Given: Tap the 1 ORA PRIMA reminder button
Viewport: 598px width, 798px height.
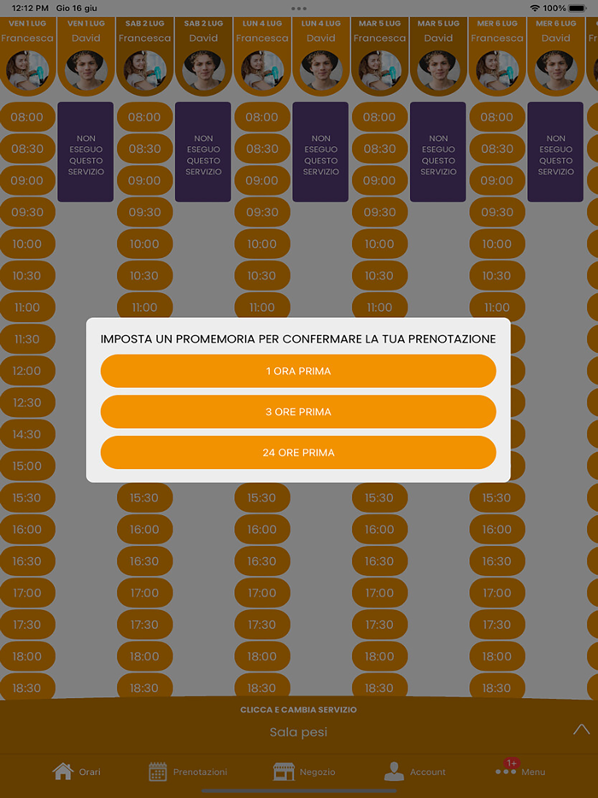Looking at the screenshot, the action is pyautogui.click(x=298, y=371).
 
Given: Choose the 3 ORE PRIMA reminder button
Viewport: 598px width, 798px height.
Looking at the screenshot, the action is pyautogui.click(x=298, y=412).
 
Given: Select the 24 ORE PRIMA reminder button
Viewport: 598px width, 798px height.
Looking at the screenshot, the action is pyautogui.click(x=298, y=453).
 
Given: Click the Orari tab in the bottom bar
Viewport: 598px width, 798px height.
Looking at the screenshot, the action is pyautogui.click(x=76, y=772).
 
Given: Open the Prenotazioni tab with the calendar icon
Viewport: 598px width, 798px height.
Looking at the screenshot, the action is pyautogui.click(x=188, y=772).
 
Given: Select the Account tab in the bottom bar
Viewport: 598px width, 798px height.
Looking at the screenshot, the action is pyautogui.click(x=415, y=772).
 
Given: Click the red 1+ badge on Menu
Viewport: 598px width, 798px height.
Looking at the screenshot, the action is pyautogui.click(x=512, y=763).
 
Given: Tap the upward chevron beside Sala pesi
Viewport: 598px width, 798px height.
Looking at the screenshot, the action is pyautogui.click(x=581, y=730).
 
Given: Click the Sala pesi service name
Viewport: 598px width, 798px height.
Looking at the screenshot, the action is pyautogui.click(x=298, y=732).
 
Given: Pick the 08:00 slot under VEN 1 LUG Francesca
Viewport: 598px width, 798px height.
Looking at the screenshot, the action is pyautogui.click(x=27, y=117).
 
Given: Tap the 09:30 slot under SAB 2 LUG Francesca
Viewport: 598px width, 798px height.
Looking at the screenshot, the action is pyautogui.click(x=144, y=212).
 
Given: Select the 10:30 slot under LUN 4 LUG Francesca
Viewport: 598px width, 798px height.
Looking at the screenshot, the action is pyautogui.click(x=262, y=275).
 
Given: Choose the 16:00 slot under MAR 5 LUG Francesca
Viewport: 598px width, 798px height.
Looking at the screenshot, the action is pyautogui.click(x=379, y=529).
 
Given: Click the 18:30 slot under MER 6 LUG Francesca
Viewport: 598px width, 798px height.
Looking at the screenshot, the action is pyautogui.click(x=496, y=688).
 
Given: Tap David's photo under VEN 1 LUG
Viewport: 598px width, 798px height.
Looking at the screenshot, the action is pyautogui.click(x=86, y=70).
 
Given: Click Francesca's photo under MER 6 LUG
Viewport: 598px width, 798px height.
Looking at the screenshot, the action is pyautogui.click(x=496, y=70).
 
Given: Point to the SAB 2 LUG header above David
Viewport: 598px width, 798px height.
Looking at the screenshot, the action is pyautogui.click(x=203, y=23).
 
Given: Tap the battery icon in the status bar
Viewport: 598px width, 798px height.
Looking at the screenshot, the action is pyautogui.click(x=578, y=9).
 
